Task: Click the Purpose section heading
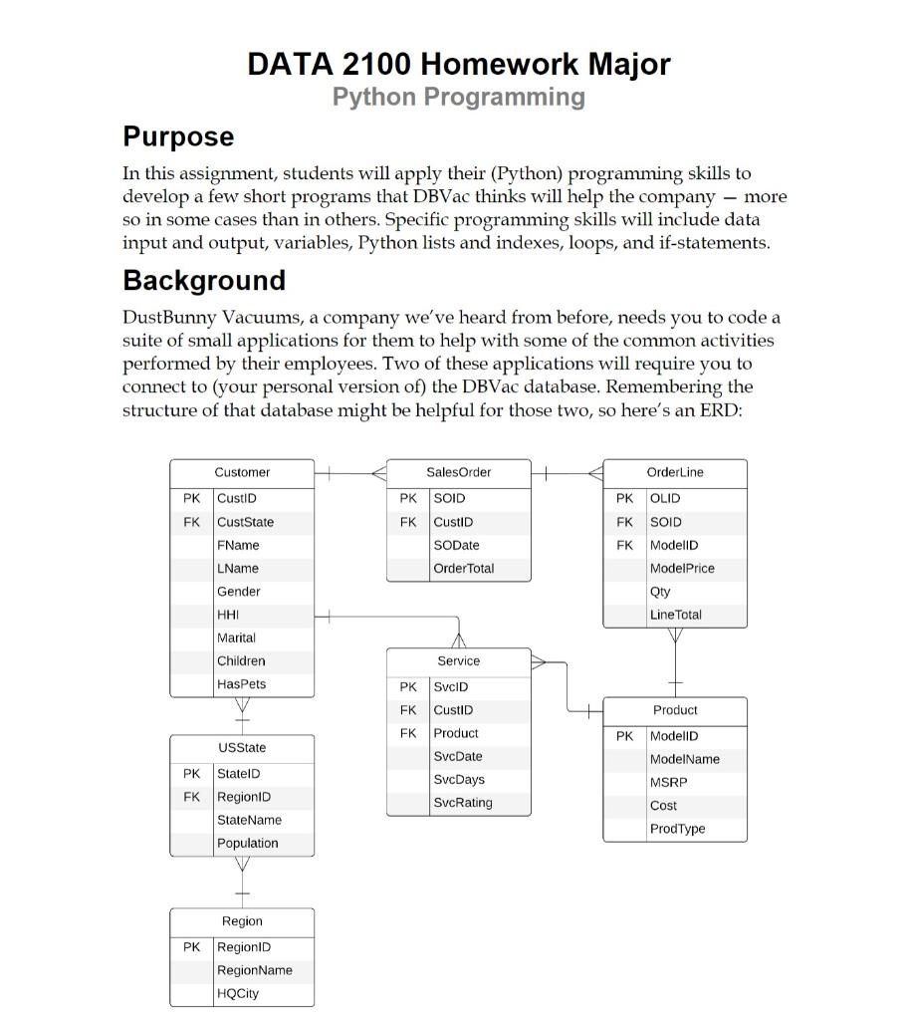(x=178, y=136)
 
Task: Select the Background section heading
(x=204, y=280)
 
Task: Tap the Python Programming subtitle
(x=458, y=97)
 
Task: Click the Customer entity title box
(x=242, y=472)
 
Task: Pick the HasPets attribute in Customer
(x=241, y=684)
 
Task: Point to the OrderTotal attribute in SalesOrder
(x=463, y=568)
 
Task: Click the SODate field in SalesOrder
(x=457, y=545)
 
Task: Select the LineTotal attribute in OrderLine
(x=675, y=615)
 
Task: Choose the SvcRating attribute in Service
(x=463, y=802)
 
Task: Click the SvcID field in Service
(x=451, y=686)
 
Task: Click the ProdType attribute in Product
(x=677, y=829)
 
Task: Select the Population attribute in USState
(x=247, y=843)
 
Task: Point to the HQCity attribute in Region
(x=237, y=993)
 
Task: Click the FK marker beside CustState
(x=191, y=522)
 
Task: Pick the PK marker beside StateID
(x=191, y=773)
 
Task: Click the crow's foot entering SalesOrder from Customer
(x=378, y=474)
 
